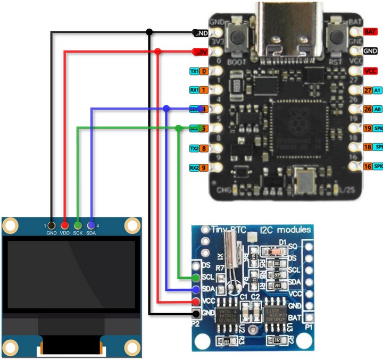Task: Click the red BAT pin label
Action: click(x=370, y=32)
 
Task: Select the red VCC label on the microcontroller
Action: click(x=370, y=71)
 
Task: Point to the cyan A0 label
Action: click(x=378, y=109)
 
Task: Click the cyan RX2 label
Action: click(x=194, y=168)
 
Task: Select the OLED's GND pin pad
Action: click(x=52, y=225)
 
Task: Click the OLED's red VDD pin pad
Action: click(x=65, y=225)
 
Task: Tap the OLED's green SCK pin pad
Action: click(x=78, y=225)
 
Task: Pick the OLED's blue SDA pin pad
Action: click(x=91, y=225)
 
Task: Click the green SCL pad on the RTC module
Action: click(x=196, y=278)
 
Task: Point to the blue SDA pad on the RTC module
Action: click(x=196, y=290)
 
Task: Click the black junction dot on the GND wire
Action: click(x=149, y=32)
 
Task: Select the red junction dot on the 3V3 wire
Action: click(x=158, y=52)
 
